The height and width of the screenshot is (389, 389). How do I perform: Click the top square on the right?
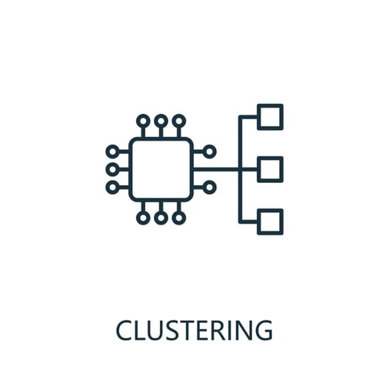pyautogui.click(x=270, y=105)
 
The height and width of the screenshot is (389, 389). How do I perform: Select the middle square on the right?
pyautogui.click(x=270, y=158)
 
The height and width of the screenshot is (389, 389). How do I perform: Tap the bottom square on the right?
pyautogui.click(x=270, y=210)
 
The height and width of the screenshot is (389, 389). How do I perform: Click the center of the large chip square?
pyautogui.click(x=161, y=169)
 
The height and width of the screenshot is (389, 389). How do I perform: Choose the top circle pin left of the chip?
pyautogui.click(x=107, y=151)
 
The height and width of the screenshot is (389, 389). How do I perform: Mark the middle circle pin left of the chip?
pyautogui.click(x=107, y=169)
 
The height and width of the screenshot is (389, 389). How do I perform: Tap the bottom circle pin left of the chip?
pyautogui.click(x=107, y=188)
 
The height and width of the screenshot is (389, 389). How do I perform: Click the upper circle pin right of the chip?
pyautogui.click(x=215, y=151)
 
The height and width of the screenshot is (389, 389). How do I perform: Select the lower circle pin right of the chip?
pyautogui.click(x=215, y=188)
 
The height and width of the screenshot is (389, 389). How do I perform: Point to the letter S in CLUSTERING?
pyautogui.click(x=174, y=330)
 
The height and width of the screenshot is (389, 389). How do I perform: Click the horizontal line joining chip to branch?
pyautogui.click(x=216, y=169)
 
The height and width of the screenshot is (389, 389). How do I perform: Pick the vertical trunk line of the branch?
pyautogui.click(x=240, y=169)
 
